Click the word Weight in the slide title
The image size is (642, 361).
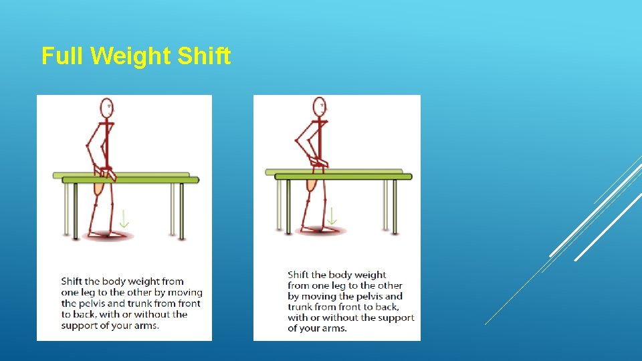131,56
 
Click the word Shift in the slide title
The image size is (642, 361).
204,56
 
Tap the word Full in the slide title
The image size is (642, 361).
63,56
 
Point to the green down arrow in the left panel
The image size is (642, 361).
123,219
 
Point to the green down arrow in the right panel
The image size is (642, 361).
332,215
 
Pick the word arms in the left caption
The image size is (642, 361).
145,326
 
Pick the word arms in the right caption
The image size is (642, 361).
333,328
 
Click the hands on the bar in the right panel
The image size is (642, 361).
319,164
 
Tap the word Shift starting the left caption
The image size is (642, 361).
73,281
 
